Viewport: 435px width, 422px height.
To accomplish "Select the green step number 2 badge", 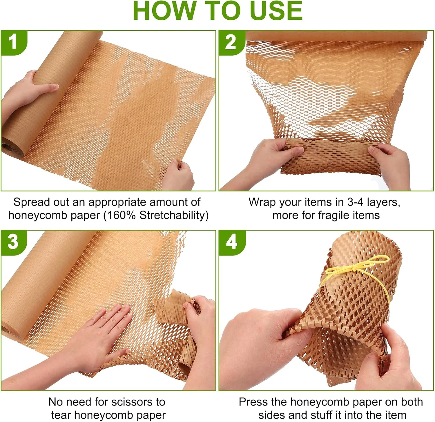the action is click(x=231, y=42).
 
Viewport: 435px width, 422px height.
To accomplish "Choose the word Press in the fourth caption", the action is click(x=253, y=402).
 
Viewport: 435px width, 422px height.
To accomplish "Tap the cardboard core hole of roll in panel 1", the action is click(x=6, y=146).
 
